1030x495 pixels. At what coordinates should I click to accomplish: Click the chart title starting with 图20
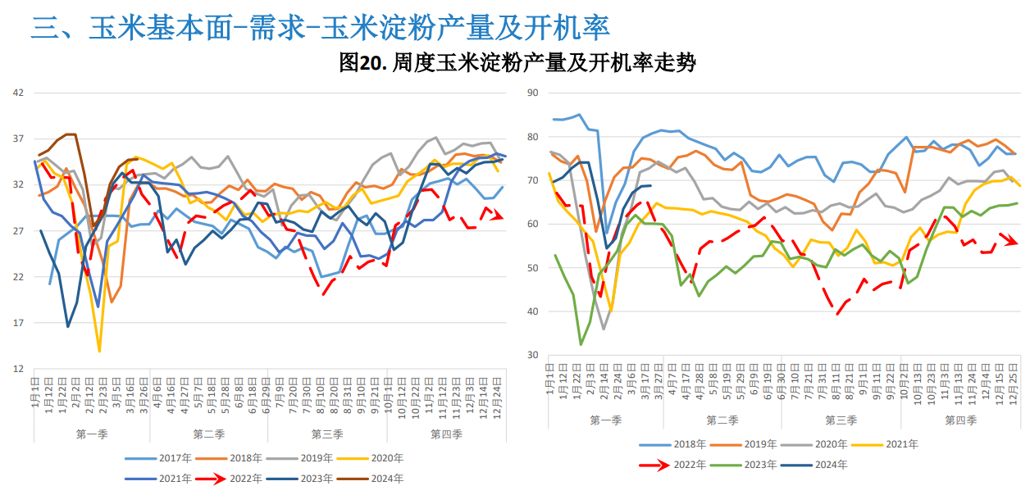click(x=517, y=63)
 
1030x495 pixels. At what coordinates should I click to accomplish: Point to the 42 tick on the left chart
click(x=18, y=93)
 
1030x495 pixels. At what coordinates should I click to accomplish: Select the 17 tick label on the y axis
click(x=18, y=323)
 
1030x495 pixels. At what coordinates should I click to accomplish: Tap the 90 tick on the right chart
click(x=532, y=93)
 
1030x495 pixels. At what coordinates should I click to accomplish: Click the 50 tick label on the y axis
click(x=532, y=268)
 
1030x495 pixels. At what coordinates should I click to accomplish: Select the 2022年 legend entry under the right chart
click(x=677, y=465)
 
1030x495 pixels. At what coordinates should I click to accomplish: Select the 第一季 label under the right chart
click(x=604, y=420)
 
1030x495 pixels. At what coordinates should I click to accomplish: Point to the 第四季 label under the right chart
click(x=960, y=420)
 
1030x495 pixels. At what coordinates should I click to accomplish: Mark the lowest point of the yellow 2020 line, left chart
click(x=99, y=351)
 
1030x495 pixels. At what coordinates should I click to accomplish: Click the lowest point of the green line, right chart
click(x=581, y=344)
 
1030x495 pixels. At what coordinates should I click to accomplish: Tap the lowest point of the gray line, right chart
click(x=604, y=329)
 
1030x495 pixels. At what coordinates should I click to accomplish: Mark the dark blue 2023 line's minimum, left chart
click(x=68, y=326)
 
